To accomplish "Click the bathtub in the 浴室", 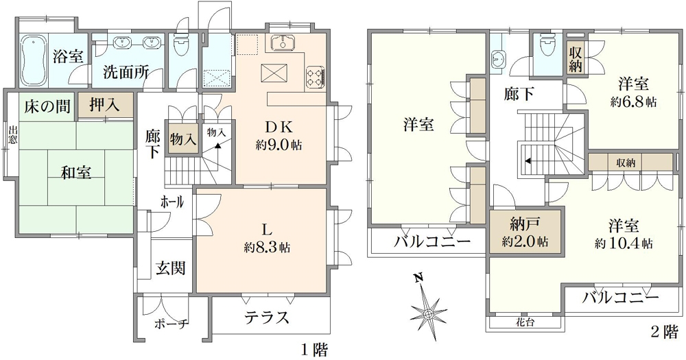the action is click(x=34, y=61).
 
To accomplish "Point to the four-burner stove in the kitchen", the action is click(x=315, y=75).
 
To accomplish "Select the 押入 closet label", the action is click(x=104, y=105).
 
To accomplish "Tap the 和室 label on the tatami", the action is click(x=76, y=172).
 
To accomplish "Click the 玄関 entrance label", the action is click(x=171, y=267).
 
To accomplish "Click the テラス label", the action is click(x=267, y=317).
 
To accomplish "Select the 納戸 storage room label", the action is click(x=525, y=224).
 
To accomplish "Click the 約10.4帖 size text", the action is click(x=624, y=243).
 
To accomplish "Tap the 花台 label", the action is click(x=524, y=323).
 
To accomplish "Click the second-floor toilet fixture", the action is click(x=547, y=45).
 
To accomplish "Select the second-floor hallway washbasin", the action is click(x=498, y=59).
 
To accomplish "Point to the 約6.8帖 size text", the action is click(x=633, y=102).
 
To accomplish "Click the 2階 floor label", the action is click(x=665, y=332).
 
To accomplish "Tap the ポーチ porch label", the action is click(x=172, y=324).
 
